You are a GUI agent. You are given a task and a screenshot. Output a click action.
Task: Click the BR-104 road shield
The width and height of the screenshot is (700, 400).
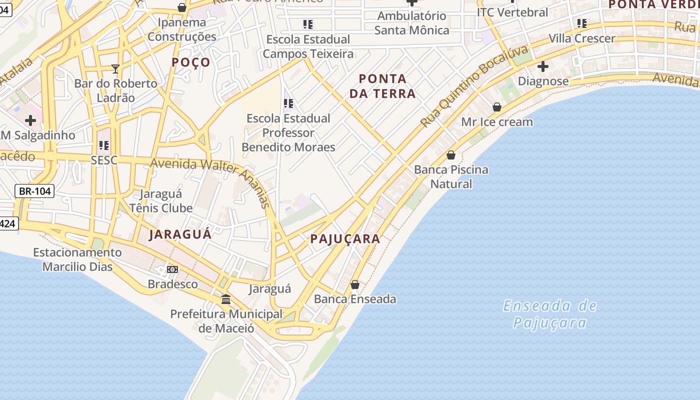coord(34,191)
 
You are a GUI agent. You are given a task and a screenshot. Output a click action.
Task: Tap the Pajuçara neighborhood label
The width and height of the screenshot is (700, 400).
coord(345,239)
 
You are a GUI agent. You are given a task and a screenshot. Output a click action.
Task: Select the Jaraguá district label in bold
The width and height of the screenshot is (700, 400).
coord(180,234)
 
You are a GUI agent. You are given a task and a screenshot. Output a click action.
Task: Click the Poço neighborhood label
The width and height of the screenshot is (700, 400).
coord(191,62)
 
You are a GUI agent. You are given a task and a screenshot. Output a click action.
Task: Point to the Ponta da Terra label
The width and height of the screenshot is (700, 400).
coord(382,86)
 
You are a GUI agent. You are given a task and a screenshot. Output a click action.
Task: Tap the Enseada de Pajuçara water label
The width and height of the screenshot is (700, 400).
coord(549,314)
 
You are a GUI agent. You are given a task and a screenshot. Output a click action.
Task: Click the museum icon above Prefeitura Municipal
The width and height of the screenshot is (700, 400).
coord(225,299)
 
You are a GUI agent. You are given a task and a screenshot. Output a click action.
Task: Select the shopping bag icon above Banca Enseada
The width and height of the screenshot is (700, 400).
coord(354,284)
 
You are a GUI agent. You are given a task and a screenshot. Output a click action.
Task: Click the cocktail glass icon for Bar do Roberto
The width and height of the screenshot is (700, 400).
coord(115,68)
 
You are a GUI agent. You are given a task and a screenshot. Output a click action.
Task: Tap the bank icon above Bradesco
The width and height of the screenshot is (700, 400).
coord(172,269)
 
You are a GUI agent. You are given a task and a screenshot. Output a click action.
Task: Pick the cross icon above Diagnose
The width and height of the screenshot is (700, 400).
coord(542,66)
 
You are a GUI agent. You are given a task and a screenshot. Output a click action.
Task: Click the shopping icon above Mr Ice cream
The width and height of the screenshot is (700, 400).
coord(496,106)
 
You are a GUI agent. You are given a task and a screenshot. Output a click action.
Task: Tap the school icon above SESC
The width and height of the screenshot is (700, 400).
coord(103,145)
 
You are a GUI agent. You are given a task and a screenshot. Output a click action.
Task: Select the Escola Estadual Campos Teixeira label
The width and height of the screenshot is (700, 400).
coord(308,46)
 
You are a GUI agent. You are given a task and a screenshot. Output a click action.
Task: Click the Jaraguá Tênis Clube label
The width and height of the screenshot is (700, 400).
coord(161,201)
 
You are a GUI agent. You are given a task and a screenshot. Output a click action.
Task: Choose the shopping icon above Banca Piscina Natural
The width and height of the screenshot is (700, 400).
coord(450,155)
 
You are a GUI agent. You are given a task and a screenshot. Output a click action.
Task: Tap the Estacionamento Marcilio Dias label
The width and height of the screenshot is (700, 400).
coord(77,259)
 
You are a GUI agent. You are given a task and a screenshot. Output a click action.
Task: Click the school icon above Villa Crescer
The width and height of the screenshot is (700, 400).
coord(581,23)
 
